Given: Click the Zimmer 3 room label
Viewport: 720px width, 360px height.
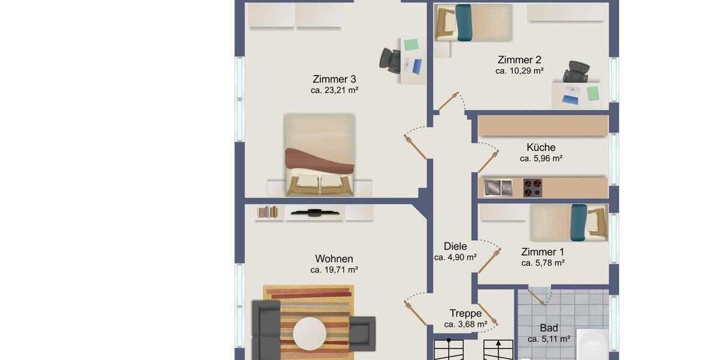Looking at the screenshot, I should pyautogui.click(x=335, y=79).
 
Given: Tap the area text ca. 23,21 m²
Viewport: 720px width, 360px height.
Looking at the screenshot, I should pyautogui.click(x=335, y=91).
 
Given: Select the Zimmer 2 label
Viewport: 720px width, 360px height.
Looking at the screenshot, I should pyautogui.click(x=520, y=59).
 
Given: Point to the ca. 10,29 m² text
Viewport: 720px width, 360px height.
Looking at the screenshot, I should pyautogui.click(x=520, y=71).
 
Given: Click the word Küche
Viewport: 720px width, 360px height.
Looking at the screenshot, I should pyautogui.click(x=541, y=147).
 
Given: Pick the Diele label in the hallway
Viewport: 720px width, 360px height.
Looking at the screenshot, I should pyautogui.click(x=455, y=245).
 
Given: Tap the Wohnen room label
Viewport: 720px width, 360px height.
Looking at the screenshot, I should pyautogui.click(x=334, y=259).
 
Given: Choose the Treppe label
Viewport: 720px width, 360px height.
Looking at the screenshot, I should pyautogui.click(x=466, y=313).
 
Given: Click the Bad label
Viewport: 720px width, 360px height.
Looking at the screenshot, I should pyautogui.click(x=549, y=328).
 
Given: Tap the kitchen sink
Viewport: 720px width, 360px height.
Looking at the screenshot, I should pyautogui.click(x=498, y=187).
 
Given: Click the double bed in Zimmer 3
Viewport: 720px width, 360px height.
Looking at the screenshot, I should pyautogui.click(x=319, y=155).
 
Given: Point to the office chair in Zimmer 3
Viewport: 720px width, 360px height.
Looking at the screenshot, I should pyautogui.click(x=391, y=59).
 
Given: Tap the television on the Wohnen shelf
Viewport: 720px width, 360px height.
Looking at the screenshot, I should pyautogui.click(x=314, y=211).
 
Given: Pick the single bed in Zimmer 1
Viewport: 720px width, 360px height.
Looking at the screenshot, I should pyautogui.click(x=569, y=222).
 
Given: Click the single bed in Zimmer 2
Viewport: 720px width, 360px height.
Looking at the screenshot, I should pyautogui.click(x=473, y=23).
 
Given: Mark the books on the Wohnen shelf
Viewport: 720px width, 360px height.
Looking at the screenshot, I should pyautogui.click(x=268, y=212).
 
